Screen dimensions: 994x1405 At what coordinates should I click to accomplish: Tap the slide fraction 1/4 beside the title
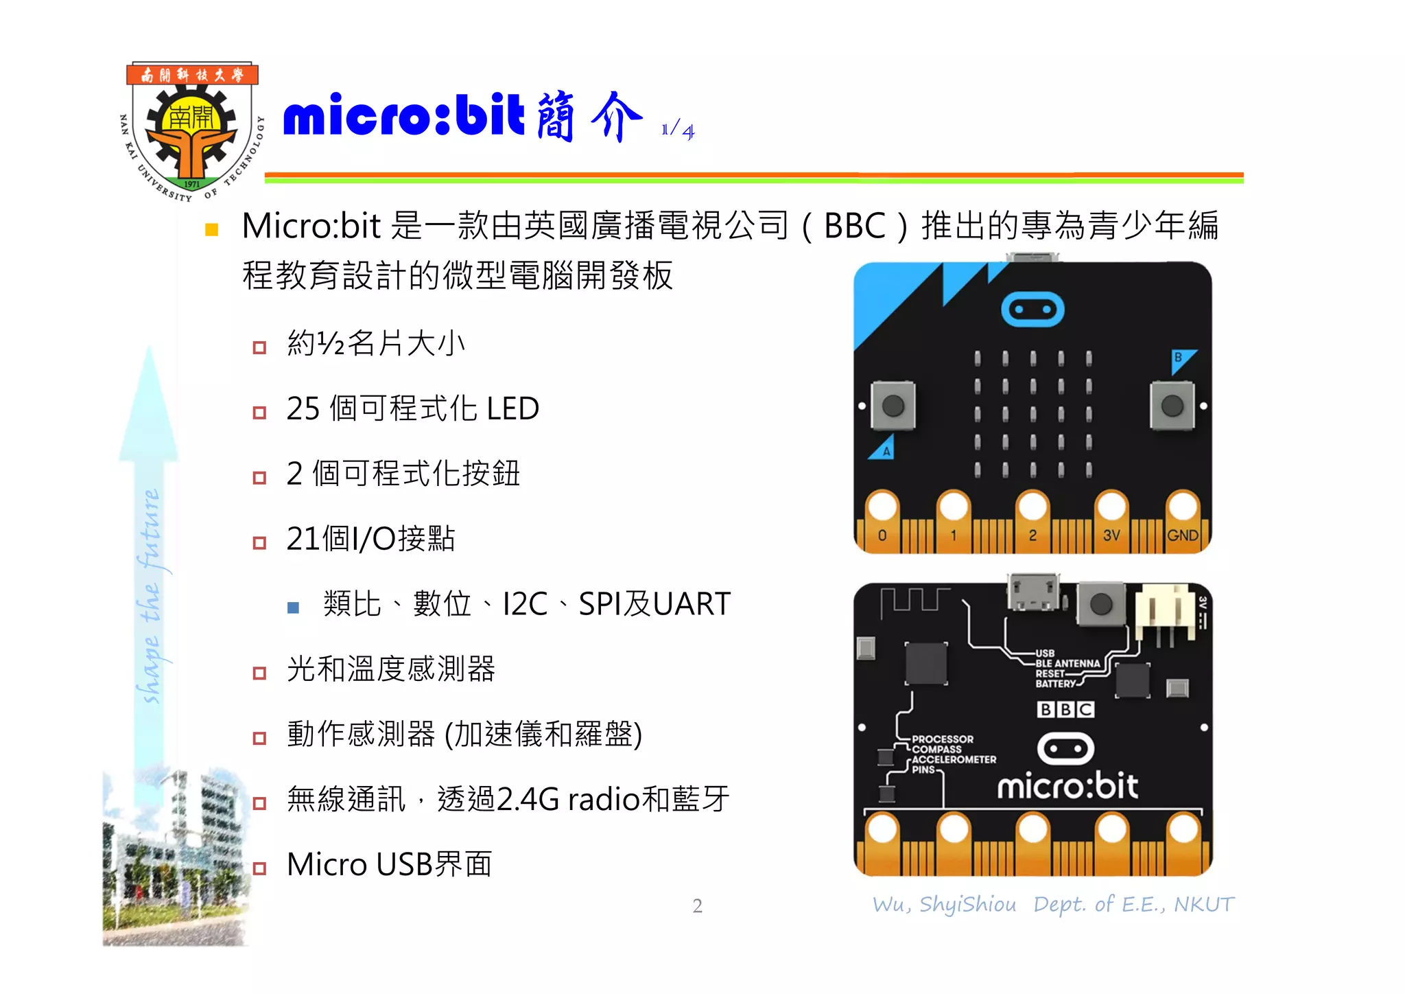click(x=678, y=128)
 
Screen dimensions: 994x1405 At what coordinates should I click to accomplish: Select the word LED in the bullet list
click(x=512, y=409)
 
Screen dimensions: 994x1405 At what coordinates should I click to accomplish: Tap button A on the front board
click(x=893, y=406)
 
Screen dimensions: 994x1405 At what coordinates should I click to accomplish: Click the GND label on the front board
click(x=1183, y=535)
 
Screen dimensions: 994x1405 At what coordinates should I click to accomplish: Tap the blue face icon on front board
click(x=1032, y=310)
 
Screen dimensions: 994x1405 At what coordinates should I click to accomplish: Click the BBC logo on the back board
click(x=1065, y=709)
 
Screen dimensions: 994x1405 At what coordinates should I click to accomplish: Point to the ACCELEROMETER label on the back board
click(x=954, y=759)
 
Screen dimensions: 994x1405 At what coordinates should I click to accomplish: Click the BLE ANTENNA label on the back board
click(x=1067, y=664)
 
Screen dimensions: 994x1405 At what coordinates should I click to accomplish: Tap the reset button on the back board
click(x=1101, y=605)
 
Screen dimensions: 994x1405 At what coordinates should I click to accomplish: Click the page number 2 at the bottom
click(x=697, y=906)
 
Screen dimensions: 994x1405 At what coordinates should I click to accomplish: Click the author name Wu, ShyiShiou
click(x=944, y=905)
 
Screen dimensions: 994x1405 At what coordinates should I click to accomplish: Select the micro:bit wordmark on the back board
click(x=1067, y=787)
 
